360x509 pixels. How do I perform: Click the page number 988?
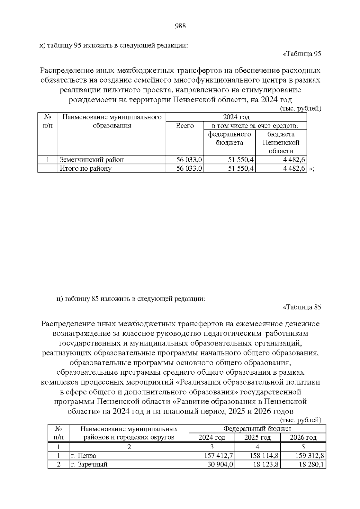pos(180,26)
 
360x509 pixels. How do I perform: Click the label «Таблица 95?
pos(302,54)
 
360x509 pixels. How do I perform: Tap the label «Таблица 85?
pos(302,307)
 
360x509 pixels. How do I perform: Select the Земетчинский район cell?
pos(92,160)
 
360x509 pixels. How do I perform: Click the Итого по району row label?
pos(86,168)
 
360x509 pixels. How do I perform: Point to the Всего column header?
pos(184,126)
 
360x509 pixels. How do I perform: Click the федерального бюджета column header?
pos(229,138)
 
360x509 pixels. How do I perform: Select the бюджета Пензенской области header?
pos(281,142)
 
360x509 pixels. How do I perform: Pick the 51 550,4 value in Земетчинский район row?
pos(241,160)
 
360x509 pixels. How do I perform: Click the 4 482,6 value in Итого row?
pos(294,168)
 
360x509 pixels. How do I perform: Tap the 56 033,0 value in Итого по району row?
pos(189,168)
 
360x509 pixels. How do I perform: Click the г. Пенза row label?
pos(84,456)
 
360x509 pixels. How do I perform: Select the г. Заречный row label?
pos(89,464)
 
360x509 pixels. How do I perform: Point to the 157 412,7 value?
pos(218,456)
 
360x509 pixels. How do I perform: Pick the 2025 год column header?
pos(257,438)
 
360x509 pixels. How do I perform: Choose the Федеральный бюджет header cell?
pos(257,429)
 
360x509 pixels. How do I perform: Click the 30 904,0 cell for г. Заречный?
pos(220,464)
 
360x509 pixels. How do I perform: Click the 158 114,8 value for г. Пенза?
pos(264,456)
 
